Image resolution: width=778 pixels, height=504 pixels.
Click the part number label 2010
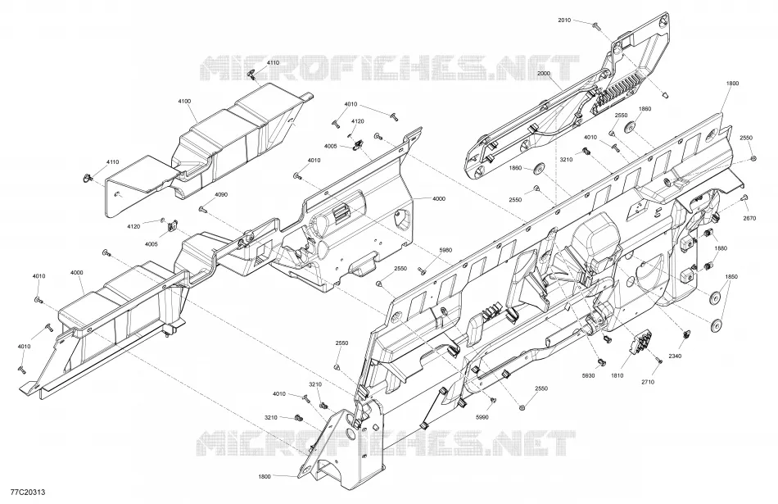pyautogui.click(x=564, y=20)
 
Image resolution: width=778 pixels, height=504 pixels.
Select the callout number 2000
pyautogui.click(x=544, y=73)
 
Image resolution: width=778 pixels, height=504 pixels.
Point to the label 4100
pyautogui.click(x=184, y=102)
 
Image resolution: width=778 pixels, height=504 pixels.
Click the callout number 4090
pyautogui.click(x=221, y=195)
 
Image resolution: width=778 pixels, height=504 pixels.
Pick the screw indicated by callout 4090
pyautogui.click(x=202, y=209)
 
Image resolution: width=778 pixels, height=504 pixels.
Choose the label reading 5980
pyautogui.click(x=446, y=250)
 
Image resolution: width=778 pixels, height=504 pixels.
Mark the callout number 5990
pyautogui.click(x=482, y=417)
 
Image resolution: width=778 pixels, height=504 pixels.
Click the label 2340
pyautogui.click(x=675, y=356)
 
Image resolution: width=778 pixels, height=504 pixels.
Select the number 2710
pyautogui.click(x=648, y=382)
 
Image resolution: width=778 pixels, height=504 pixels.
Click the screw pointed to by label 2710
pyautogui.click(x=658, y=360)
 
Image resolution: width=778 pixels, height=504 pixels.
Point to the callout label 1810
pyautogui.click(x=617, y=376)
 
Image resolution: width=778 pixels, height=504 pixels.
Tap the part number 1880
pyautogui.click(x=721, y=248)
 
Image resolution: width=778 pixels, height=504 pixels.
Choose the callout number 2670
pyautogui.click(x=749, y=218)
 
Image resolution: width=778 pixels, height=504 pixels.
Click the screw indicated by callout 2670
pyautogui.click(x=744, y=198)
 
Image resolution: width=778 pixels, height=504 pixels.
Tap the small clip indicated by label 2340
pyautogui.click(x=687, y=334)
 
